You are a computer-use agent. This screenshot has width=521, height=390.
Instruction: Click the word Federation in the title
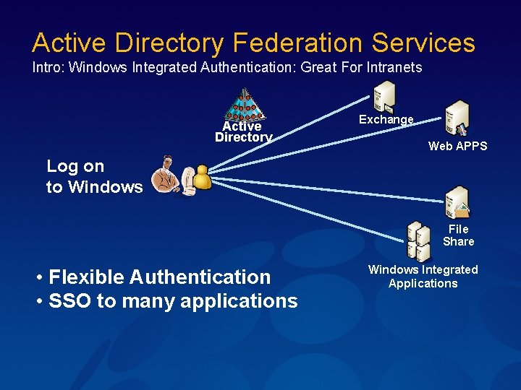(297, 43)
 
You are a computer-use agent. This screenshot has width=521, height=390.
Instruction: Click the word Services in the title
(423, 43)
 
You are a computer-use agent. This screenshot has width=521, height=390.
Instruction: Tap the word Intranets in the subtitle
(395, 68)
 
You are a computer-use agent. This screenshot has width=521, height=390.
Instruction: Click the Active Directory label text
(243, 132)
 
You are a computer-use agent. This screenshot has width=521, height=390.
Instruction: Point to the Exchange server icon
(384, 95)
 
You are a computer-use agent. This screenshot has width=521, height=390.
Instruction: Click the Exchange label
(386, 120)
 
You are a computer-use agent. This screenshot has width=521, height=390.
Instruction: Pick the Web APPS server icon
(457, 117)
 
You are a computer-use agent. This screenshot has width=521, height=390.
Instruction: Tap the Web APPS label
(457, 146)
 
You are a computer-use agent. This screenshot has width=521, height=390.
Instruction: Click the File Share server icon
(457, 202)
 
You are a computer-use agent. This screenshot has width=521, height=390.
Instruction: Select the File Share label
(458, 235)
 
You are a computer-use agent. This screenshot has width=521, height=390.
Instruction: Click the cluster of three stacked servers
(418, 240)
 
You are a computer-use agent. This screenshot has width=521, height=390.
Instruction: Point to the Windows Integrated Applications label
(423, 277)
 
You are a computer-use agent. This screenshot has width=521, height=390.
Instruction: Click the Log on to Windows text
(94, 176)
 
